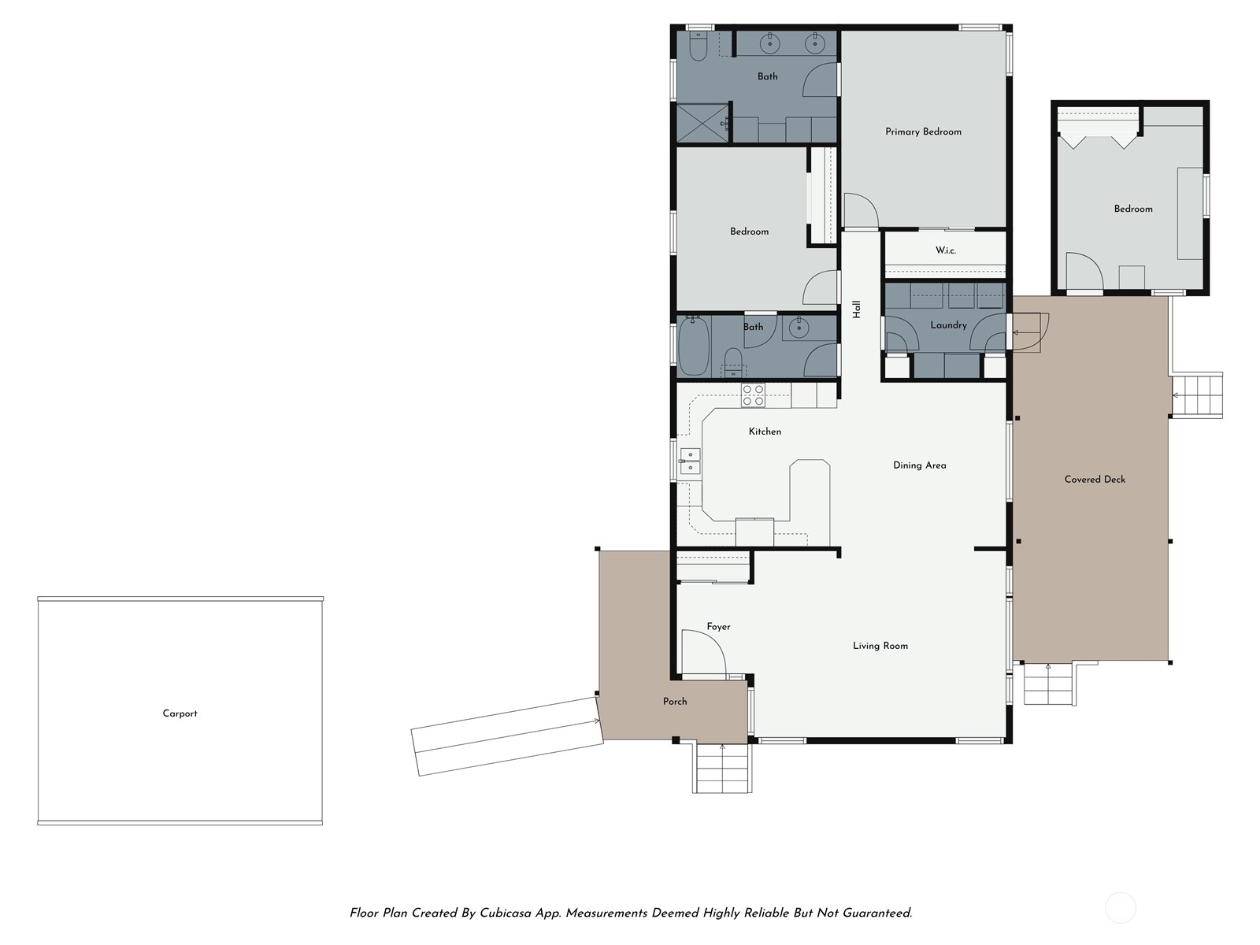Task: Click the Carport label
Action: (180, 713)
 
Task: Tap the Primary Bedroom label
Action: (923, 132)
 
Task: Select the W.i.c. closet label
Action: (945, 250)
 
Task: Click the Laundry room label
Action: (948, 324)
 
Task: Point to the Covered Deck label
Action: (1095, 479)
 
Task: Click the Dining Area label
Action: (919, 465)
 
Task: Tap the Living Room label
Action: (880, 646)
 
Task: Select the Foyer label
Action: (718, 627)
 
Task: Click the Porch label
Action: (674, 701)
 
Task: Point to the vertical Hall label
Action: (857, 309)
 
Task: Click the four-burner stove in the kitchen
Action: (753, 395)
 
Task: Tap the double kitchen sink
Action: (690, 461)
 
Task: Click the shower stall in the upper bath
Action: (702, 124)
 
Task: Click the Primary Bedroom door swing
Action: (860, 211)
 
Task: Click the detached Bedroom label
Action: (1132, 209)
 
